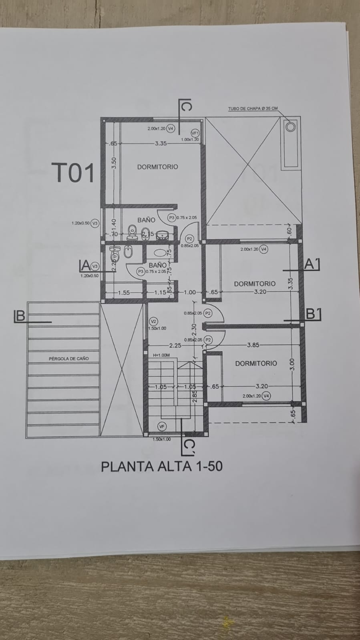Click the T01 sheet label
tap(75, 173)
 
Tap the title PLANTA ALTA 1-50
tap(161, 466)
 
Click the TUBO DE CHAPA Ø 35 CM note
tap(253, 108)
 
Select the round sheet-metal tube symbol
tap(290, 127)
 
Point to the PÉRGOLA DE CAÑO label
tap(69, 359)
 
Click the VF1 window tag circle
tap(195, 133)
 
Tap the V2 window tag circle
tap(153, 321)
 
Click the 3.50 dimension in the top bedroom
tap(114, 163)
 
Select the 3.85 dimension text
tap(253, 345)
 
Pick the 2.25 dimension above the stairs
tap(175, 345)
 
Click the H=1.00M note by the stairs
tap(161, 355)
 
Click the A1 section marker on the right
tap(312, 264)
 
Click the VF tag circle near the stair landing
tap(162, 427)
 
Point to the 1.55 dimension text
tap(124, 293)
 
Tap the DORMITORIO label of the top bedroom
tap(157, 167)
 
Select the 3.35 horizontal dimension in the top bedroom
tap(161, 143)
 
